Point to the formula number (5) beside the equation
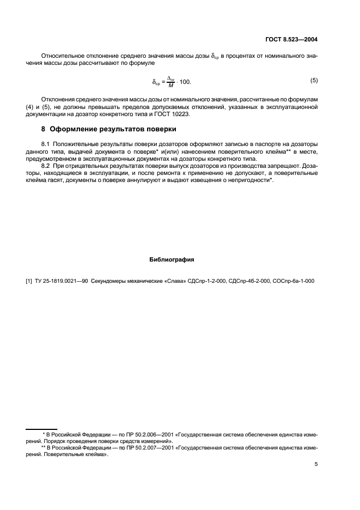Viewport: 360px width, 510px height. click(314, 81)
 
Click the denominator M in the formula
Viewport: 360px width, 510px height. click(170, 84)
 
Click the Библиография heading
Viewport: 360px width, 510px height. click(172, 259)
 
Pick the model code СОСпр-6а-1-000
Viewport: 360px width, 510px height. click(294, 281)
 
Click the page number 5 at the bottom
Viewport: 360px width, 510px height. click(316, 465)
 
